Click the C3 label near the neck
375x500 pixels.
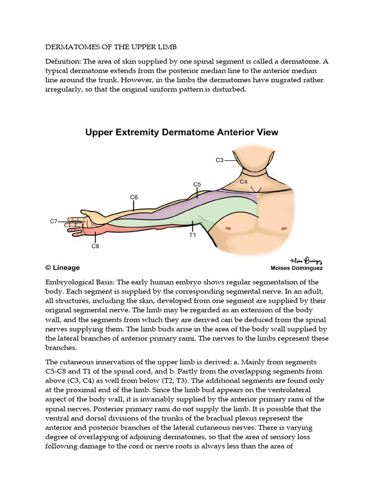coord(219,160)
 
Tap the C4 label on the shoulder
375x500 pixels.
coord(244,182)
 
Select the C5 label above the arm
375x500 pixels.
coord(197,185)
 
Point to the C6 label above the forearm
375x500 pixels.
coord(134,197)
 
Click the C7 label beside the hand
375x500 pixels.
coord(54,221)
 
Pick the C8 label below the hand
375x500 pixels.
coord(95,246)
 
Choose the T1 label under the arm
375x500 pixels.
coord(192,234)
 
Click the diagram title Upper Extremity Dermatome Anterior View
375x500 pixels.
coord(182,132)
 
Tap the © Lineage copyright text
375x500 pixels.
coord(62,268)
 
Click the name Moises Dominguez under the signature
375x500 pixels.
coord(296,268)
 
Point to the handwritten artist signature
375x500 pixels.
coord(303,260)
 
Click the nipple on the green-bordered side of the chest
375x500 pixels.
coord(228,228)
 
